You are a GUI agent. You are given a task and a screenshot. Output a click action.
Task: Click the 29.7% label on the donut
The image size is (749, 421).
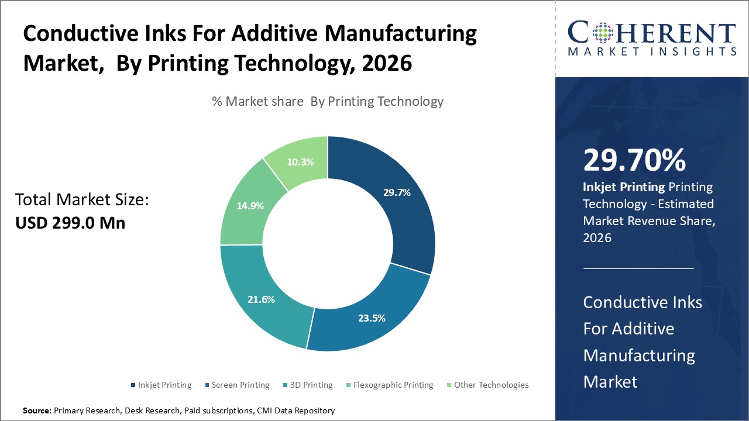[397, 192]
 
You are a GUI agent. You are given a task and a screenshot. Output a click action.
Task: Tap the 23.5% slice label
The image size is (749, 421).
[372, 318]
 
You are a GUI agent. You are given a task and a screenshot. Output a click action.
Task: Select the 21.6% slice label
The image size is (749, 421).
[261, 299]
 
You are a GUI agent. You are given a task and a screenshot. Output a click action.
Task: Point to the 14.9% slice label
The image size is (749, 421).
[250, 206]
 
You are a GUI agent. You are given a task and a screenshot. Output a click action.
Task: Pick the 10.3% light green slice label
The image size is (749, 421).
[301, 162]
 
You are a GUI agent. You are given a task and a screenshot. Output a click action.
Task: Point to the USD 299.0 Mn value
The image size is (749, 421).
[70, 223]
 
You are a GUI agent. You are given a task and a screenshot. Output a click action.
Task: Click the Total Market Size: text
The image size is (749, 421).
[82, 200]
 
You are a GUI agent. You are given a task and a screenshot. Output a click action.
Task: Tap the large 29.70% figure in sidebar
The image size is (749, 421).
[634, 160]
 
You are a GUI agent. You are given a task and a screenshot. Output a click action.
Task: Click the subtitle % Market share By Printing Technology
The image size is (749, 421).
[328, 101]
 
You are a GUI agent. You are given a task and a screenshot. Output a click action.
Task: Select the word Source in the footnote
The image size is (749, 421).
[37, 411]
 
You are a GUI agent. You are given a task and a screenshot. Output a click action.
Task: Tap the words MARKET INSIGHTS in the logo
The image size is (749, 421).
[651, 52]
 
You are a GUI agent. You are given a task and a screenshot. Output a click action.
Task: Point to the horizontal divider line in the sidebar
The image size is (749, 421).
[638, 268]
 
